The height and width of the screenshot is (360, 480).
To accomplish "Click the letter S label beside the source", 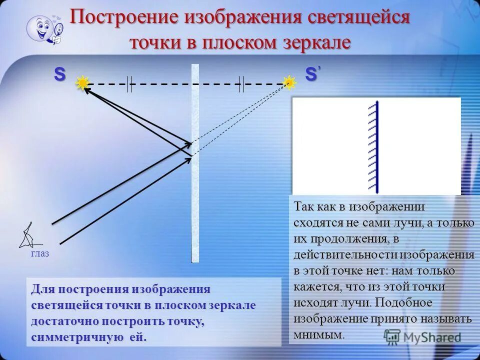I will coord(59,74).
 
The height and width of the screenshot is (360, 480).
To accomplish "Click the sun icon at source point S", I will coord(82,83).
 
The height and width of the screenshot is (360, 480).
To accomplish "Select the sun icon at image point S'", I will coord(289,82).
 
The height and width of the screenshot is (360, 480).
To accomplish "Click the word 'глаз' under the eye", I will coord(40,253).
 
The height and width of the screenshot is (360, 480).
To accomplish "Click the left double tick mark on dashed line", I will coord(129,83).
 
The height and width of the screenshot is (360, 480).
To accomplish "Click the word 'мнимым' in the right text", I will coord(319,334).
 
